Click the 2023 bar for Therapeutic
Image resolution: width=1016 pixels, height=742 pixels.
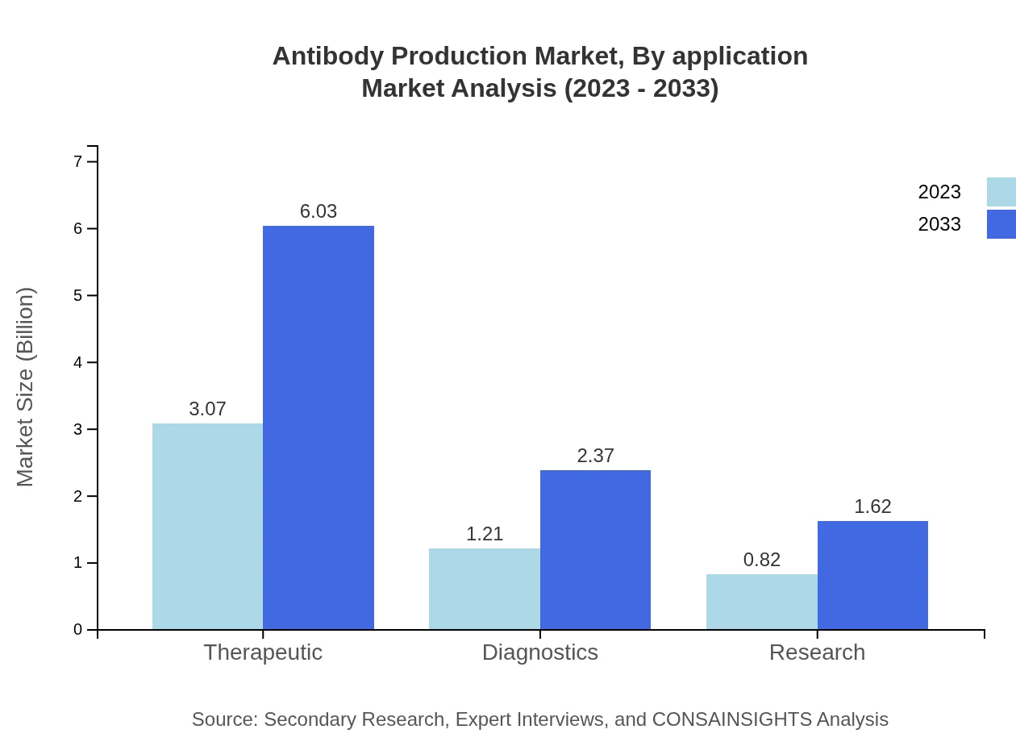[207, 526]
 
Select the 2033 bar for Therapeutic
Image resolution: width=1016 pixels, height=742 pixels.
[319, 427]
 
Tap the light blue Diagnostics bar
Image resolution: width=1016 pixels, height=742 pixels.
[485, 589]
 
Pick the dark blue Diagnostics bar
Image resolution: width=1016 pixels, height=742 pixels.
[595, 549]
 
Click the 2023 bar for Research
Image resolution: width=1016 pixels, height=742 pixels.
[762, 602]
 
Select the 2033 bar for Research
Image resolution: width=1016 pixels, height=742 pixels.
[872, 575]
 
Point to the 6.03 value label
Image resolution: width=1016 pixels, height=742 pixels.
[319, 211]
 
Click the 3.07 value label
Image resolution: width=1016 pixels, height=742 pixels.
[207, 409]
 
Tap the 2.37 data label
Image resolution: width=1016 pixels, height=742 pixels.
[595, 456]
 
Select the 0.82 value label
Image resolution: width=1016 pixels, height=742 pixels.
[762, 560]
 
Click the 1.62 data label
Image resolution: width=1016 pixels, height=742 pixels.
[872, 506]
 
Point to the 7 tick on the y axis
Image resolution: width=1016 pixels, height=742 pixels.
[78, 162]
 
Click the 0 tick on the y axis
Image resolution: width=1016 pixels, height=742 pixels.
[78, 630]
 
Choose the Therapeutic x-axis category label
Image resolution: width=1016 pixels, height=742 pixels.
[263, 652]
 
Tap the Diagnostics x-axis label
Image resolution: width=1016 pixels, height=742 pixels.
[540, 652]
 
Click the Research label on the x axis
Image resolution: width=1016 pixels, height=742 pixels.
[817, 652]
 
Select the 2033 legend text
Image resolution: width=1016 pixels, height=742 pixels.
[939, 224]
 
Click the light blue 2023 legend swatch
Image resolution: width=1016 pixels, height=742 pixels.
[1001, 192]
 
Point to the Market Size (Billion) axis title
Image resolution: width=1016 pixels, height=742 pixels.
[26, 387]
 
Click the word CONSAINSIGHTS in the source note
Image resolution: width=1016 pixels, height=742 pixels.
[731, 719]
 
